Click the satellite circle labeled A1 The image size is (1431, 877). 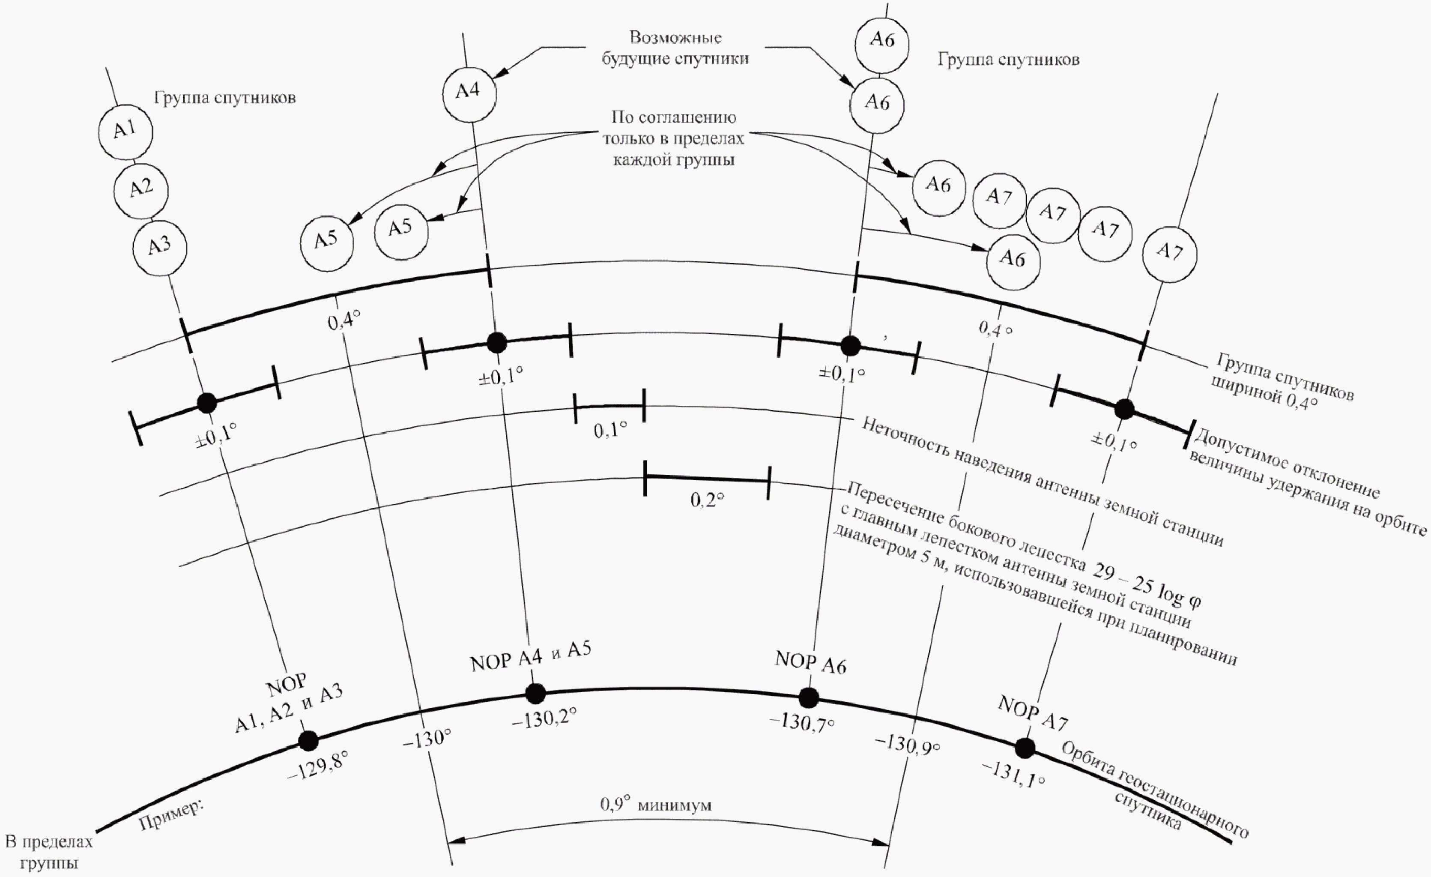coord(125,132)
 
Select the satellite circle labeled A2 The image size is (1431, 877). coord(141,190)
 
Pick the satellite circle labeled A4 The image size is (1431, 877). coord(469,94)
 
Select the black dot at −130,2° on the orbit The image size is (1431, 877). coord(535,693)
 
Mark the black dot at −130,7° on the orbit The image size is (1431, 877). coord(808,697)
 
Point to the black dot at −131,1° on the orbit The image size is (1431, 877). coord(1025,748)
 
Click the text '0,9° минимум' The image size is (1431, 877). coord(656,805)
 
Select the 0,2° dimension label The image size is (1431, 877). coord(708,500)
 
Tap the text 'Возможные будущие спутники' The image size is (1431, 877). coord(675,48)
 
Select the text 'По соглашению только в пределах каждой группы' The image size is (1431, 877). coord(674,138)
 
